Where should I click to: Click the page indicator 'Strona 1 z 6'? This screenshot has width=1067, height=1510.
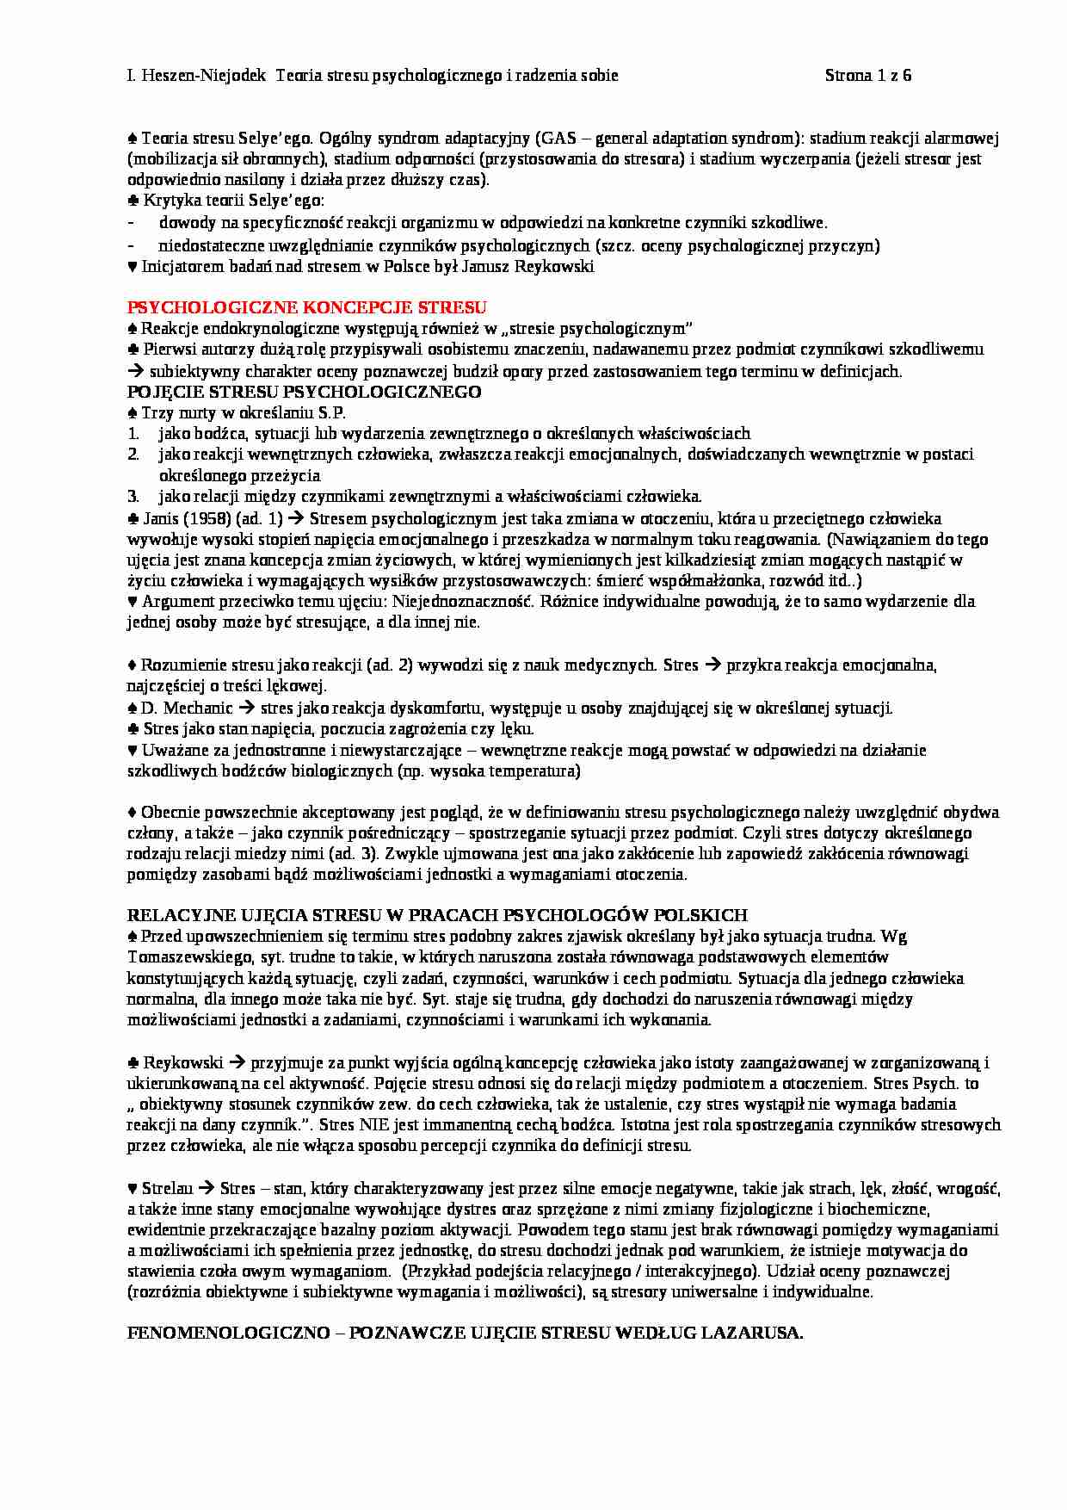point(867,75)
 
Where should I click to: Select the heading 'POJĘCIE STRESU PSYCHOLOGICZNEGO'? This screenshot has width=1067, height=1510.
point(304,392)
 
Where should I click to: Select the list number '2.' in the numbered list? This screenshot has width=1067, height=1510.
point(133,455)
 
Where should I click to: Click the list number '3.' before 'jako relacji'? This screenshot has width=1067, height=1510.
point(133,497)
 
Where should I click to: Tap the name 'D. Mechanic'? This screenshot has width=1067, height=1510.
point(186,709)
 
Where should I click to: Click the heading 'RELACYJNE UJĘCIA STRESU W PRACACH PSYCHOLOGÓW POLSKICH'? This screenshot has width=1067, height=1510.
point(437,915)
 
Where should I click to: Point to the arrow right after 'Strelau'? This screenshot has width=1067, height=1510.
point(206,1189)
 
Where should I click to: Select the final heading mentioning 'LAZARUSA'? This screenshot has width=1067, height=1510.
point(465,1333)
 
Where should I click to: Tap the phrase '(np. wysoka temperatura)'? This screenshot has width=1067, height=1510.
point(489,770)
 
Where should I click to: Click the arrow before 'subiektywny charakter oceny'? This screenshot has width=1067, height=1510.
point(136,371)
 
